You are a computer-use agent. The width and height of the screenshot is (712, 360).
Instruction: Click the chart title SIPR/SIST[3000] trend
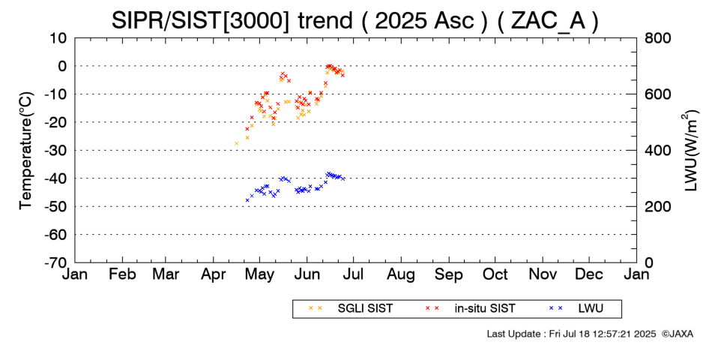point(232,20)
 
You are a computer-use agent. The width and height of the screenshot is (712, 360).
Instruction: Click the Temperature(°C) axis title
point(26,151)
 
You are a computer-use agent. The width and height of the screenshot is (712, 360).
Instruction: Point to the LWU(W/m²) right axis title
point(690,151)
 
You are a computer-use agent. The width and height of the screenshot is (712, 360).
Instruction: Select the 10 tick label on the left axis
point(58,38)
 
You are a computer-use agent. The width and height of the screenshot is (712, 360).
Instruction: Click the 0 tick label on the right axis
point(648,262)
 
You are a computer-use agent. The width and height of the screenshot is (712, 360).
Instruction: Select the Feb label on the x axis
point(123,274)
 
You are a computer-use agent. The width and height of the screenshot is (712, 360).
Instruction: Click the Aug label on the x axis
point(401,274)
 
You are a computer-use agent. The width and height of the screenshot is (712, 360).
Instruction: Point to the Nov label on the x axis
point(543,274)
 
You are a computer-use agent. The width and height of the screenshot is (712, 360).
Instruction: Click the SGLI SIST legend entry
point(350,308)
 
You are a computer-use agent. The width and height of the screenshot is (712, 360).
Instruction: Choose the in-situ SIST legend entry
point(470,308)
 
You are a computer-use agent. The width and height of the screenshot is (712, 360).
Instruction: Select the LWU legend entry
point(576,308)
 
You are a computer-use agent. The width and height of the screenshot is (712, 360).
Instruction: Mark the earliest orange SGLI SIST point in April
point(236,144)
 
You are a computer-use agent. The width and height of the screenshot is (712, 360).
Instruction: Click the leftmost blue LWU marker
point(247,200)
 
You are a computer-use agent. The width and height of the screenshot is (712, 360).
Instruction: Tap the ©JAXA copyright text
point(677,334)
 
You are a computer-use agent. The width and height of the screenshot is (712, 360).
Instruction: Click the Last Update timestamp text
point(571,334)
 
